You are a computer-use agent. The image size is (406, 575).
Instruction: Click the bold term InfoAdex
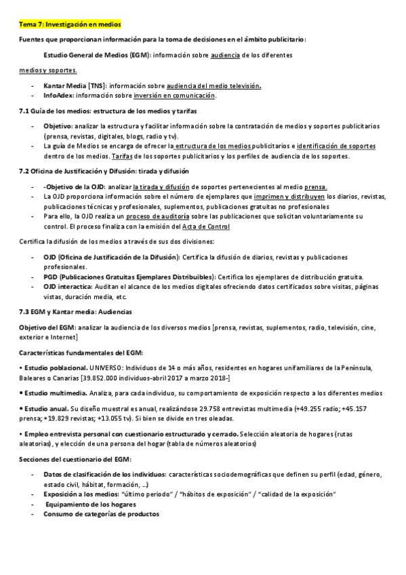[x=58, y=96]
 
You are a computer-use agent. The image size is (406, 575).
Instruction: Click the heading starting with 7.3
[x=75, y=312]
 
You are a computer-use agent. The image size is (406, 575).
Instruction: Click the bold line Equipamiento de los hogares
[x=91, y=504]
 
